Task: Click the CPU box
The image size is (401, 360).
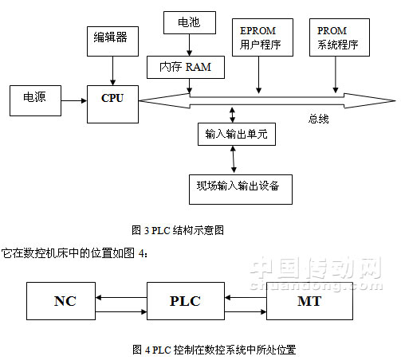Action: [112, 101]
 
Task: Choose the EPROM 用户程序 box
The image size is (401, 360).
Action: [258, 37]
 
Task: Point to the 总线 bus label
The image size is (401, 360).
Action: [318, 120]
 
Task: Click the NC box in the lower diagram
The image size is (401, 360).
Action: [64, 301]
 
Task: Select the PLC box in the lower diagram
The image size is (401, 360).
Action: [184, 301]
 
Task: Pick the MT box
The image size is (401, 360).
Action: [309, 301]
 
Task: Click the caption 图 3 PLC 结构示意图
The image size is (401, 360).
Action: [178, 230]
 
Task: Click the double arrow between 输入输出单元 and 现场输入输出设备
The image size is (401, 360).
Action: [233, 159]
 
